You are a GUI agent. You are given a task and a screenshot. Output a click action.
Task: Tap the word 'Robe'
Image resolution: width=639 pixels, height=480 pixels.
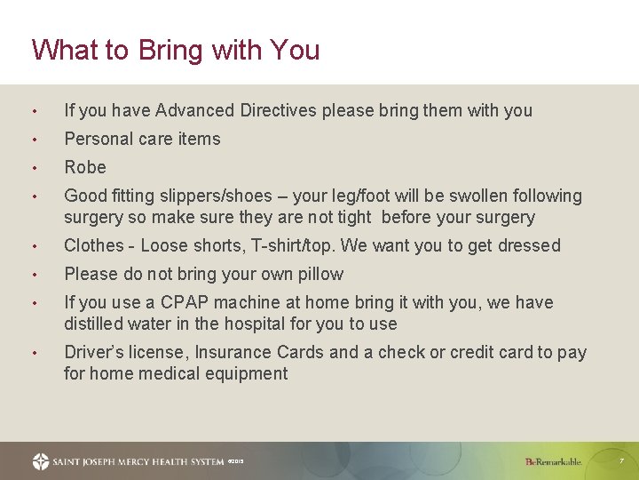click(85, 167)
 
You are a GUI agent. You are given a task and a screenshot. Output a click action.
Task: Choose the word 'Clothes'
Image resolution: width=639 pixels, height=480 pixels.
click(94, 245)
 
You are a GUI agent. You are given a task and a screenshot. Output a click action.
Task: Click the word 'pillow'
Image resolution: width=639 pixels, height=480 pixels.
click(320, 274)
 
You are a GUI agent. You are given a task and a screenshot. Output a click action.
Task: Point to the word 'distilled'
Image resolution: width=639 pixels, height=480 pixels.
click(94, 324)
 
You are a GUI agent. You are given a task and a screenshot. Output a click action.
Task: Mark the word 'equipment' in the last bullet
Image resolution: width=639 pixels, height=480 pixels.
click(248, 373)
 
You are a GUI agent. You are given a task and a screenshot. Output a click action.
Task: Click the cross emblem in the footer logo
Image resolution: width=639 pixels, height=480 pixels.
click(41, 461)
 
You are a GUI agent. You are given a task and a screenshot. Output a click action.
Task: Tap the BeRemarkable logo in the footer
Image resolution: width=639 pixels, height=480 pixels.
click(553, 461)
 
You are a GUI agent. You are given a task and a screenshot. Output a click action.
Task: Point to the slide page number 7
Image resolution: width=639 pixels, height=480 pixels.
click(621, 461)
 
